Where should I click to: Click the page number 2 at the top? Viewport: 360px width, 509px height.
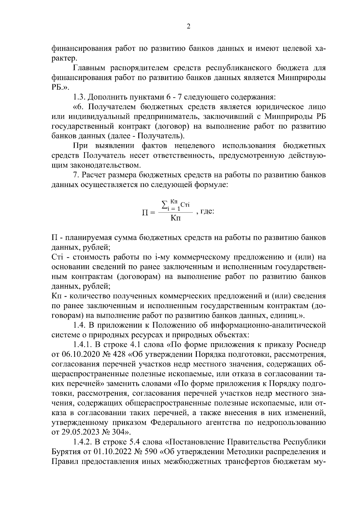188,27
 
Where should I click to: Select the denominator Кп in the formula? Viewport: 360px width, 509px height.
175,218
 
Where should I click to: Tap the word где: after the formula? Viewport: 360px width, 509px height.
207,212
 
